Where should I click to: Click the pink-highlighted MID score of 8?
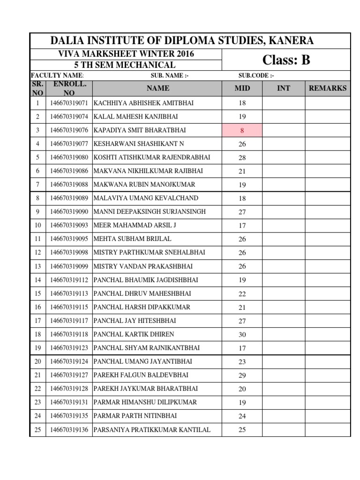242,130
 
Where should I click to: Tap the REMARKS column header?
328,88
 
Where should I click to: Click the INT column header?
284,88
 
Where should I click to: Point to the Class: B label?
286,60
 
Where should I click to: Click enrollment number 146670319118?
69,334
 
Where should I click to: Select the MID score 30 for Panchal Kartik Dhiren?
242,334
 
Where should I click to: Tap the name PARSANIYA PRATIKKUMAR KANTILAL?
152,429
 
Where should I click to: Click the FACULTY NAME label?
57,75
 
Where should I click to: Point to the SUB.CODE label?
256,75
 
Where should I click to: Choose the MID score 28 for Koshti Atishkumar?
242,157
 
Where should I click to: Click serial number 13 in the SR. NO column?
38,266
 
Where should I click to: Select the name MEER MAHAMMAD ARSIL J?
135,225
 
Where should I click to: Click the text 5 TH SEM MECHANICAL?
125,65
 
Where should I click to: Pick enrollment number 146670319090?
69,212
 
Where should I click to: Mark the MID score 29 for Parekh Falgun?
242,375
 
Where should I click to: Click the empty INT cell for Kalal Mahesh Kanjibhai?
284,117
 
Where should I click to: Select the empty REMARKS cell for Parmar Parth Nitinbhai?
328,416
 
